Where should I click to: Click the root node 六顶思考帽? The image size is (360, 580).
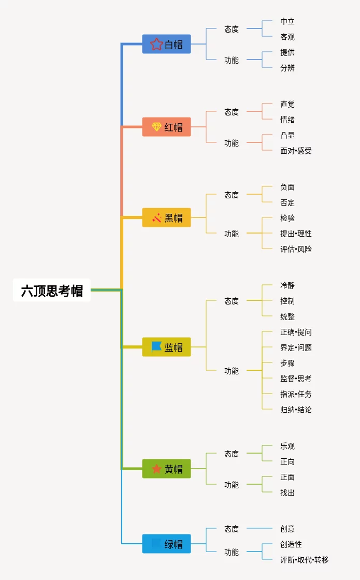tap(52, 291)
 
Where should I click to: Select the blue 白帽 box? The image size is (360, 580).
tap(166, 44)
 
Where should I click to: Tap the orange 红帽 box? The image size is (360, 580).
tap(166, 127)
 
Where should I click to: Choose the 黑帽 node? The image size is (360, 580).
tap(166, 218)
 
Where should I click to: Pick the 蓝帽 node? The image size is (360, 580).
tap(166, 347)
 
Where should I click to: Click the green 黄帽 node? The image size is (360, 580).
tap(166, 469)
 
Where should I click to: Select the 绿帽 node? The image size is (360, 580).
tap(166, 544)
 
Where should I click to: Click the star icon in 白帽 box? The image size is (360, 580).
tap(156, 44)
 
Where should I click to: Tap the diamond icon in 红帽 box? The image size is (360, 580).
tap(156, 127)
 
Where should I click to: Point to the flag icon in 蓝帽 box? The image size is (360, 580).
tap(156, 346)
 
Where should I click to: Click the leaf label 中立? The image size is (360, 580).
tap(287, 21)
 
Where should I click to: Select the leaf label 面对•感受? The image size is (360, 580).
tap(296, 151)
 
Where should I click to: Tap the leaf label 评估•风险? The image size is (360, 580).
tap(296, 249)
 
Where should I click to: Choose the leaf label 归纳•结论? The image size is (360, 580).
tap(296, 410)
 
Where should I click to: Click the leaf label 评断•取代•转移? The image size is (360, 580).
tap(304, 560)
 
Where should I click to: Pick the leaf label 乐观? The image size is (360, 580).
tap(287, 446)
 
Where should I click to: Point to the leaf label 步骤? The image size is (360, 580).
tap(287, 363)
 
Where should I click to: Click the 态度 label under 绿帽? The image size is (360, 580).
tap(232, 529)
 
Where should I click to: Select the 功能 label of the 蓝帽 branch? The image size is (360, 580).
tap(232, 371)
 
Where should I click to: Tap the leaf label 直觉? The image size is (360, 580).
tap(287, 104)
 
